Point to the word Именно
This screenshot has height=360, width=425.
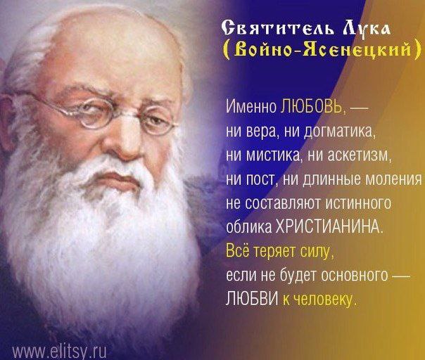tap(251, 108)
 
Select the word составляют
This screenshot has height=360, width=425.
tap(284, 203)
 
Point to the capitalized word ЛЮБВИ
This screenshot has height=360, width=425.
tap(252, 299)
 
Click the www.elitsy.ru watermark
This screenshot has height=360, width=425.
tap(59, 352)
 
